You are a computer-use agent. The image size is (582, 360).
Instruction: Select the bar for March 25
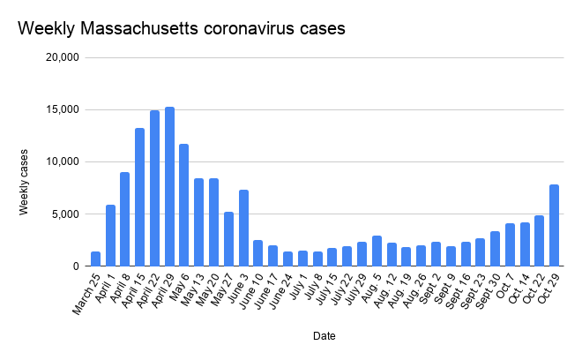95,259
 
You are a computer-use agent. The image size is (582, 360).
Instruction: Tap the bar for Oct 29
554,225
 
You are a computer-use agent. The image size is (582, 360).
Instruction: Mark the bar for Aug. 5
377,251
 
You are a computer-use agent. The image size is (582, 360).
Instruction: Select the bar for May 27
228,239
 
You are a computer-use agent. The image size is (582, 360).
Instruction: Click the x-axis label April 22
146,291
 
